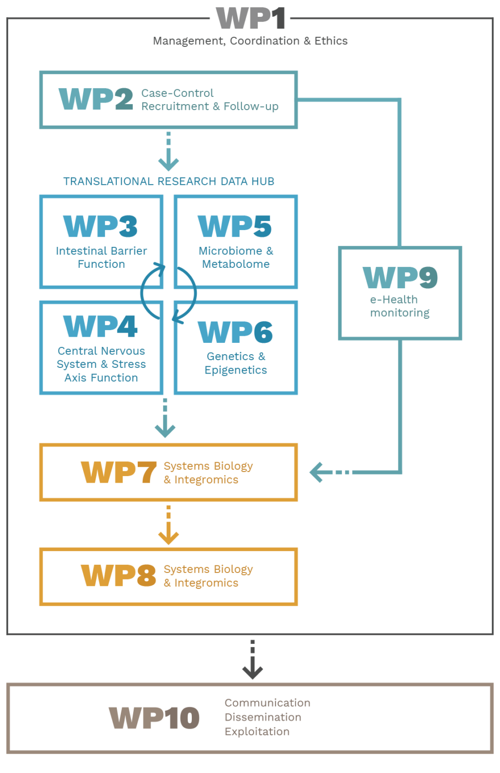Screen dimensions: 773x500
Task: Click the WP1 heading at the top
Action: click(x=251, y=19)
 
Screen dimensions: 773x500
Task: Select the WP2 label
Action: click(x=96, y=99)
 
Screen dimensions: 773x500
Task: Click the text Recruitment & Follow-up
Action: click(x=210, y=107)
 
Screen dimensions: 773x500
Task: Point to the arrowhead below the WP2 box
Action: click(x=168, y=164)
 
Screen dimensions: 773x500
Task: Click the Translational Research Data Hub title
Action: click(x=168, y=182)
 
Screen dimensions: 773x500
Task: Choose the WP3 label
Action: click(x=101, y=227)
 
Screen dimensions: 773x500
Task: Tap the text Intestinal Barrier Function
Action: click(x=102, y=258)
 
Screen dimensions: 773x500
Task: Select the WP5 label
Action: click(x=235, y=227)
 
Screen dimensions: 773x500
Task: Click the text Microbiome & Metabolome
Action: click(x=236, y=258)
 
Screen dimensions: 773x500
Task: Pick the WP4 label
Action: click(x=101, y=327)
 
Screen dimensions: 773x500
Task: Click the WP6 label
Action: click(x=235, y=333)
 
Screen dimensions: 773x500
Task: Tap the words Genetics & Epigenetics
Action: click(x=236, y=363)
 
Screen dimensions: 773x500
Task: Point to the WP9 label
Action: click(x=400, y=278)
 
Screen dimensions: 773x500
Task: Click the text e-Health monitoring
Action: click(x=399, y=306)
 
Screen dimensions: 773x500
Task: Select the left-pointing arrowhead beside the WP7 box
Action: click(x=317, y=472)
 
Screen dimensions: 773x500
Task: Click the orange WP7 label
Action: click(x=118, y=472)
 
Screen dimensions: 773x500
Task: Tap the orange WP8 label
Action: click(x=118, y=576)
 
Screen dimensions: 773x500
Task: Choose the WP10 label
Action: click(x=154, y=718)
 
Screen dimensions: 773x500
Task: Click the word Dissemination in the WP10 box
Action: click(x=263, y=717)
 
